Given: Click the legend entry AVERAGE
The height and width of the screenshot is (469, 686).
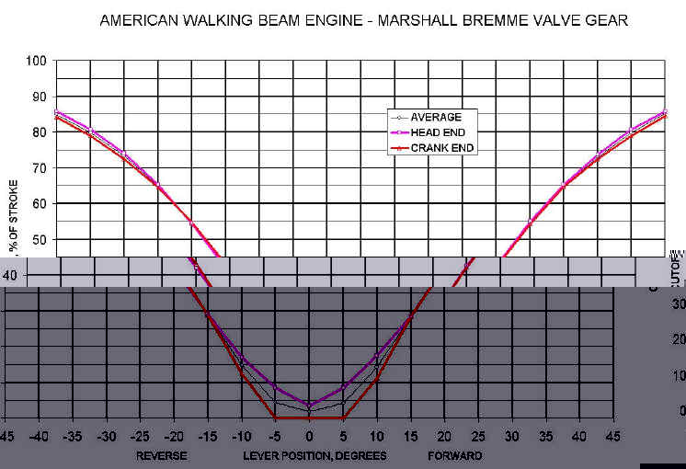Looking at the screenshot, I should pos(436,117).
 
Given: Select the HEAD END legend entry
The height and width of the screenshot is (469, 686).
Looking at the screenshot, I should pos(436,133).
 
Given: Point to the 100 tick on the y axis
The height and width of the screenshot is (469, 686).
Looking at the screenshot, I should pos(37,61).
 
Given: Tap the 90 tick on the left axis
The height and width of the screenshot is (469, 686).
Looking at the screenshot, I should pos(40,97).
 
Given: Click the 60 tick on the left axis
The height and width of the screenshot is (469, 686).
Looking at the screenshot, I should pos(40,204).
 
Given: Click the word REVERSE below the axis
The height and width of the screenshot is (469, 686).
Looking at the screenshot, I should pos(162,455).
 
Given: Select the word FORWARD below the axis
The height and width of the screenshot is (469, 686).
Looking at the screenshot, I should pos(454,455).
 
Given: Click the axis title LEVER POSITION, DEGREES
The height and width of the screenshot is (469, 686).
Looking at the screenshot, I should pos(314,455).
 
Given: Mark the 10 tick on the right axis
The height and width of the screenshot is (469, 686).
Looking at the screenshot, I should pos(679,375).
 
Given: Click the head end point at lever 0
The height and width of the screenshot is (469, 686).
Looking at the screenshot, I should pos(309,404).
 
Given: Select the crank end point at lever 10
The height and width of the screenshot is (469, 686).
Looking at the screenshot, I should pos(377,377).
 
